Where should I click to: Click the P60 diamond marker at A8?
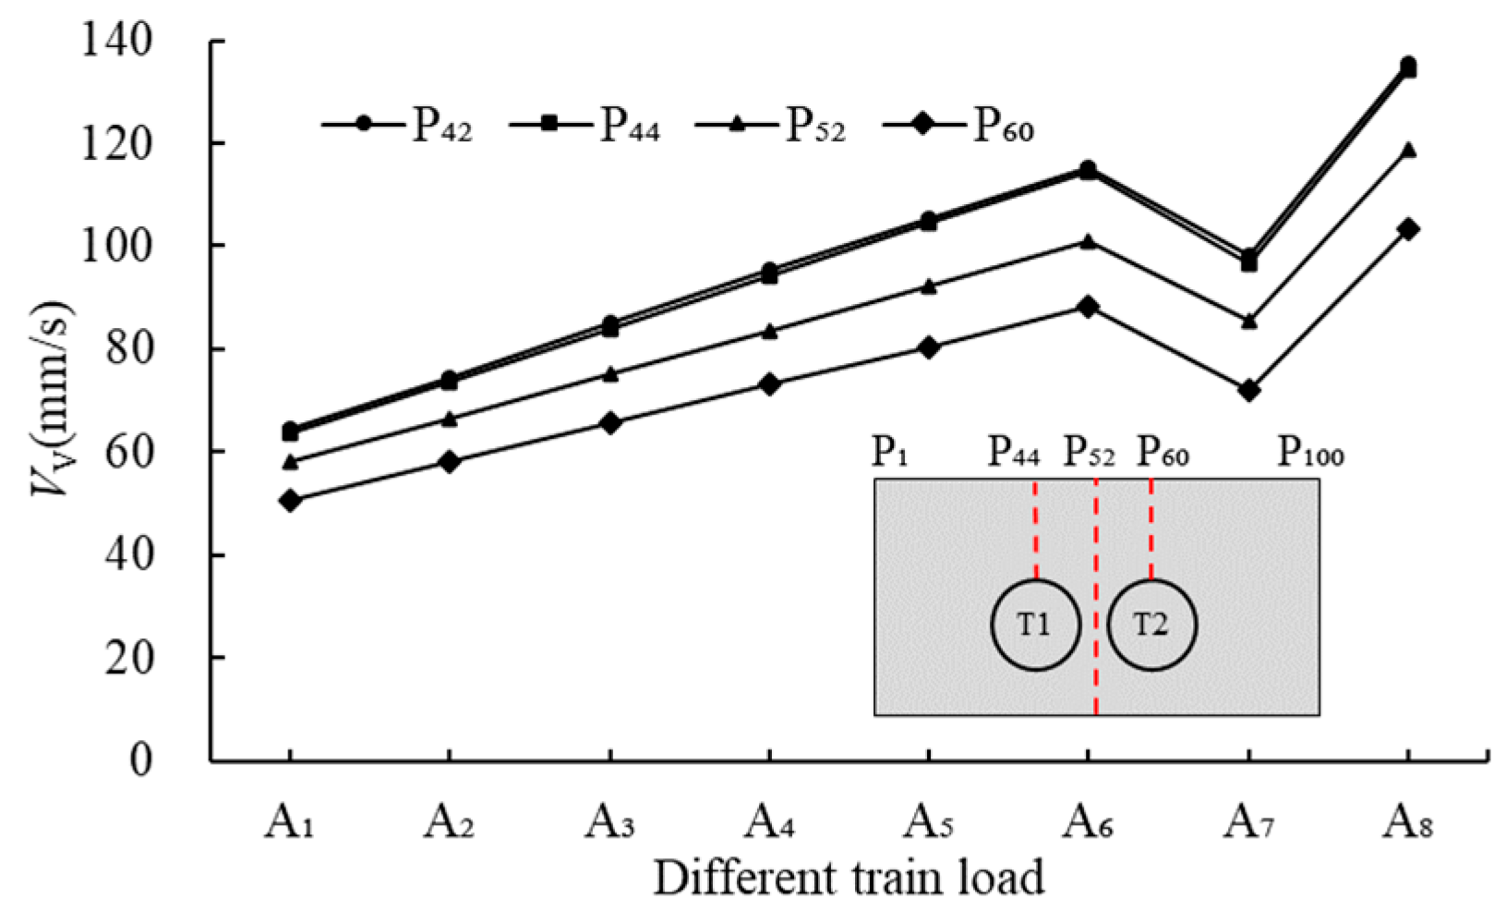click(x=1407, y=229)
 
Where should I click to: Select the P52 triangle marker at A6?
click(x=1088, y=242)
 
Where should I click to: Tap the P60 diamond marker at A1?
click(x=290, y=501)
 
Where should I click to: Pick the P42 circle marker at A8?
click(x=1407, y=64)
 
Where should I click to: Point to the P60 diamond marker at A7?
click(x=1248, y=391)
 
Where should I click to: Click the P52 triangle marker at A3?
click(x=609, y=374)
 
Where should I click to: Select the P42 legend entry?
click(x=398, y=125)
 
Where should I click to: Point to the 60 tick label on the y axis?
click(x=128, y=452)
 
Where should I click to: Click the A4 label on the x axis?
click(x=769, y=820)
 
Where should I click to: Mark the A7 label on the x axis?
click(x=1248, y=820)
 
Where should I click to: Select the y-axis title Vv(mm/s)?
click(x=51, y=398)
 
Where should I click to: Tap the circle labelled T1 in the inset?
click(x=1035, y=625)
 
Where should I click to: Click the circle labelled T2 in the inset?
click(x=1151, y=625)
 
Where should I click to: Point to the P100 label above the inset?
click(x=1310, y=452)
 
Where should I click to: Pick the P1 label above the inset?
click(x=890, y=452)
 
